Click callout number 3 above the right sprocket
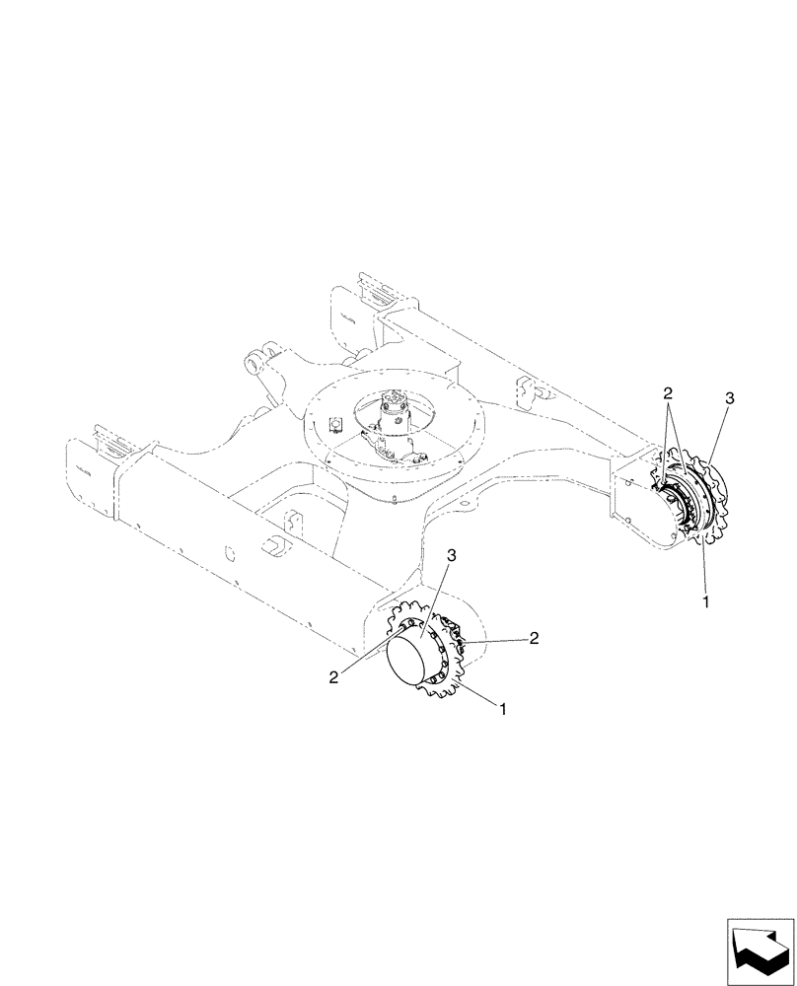[729, 398]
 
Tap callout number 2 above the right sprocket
[669, 392]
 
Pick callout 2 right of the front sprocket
[534, 638]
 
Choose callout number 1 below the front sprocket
[503, 709]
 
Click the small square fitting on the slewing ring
[334, 424]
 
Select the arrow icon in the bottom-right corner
[759, 948]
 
